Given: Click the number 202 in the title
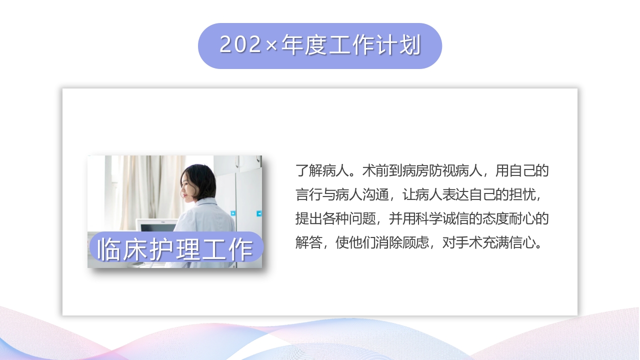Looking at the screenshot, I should tap(240, 45).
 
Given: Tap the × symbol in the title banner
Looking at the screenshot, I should tap(271, 46).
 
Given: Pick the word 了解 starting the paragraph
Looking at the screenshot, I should tap(308, 171).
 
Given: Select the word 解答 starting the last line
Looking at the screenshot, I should tap(308, 243).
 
